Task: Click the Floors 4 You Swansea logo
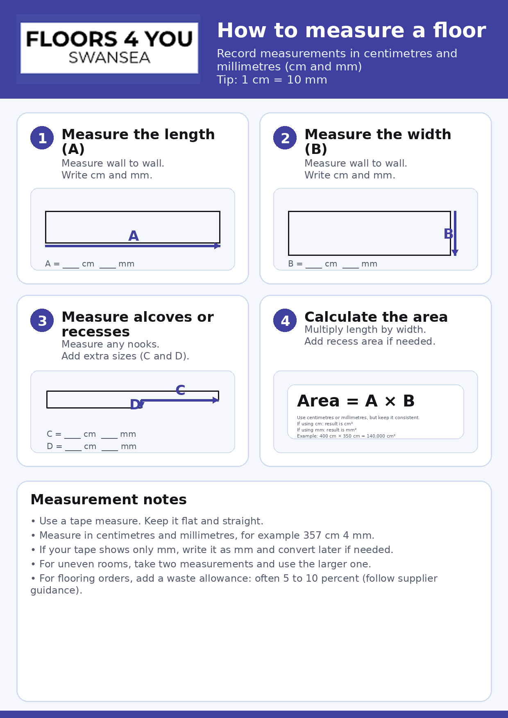point(109,48)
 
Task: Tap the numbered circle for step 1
point(42,138)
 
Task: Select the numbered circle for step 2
point(285,138)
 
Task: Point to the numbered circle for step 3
point(42,321)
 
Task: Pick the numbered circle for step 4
point(285,321)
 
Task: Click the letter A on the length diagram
point(134,236)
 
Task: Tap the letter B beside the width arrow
point(448,234)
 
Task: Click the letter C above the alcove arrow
point(180,390)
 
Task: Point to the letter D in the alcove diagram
point(135,405)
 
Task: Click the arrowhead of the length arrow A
point(217,246)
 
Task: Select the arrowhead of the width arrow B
point(455,252)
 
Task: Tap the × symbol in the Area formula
point(390,402)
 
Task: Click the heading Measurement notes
point(109,500)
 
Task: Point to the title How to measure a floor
point(351,31)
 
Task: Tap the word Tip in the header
point(227,80)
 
